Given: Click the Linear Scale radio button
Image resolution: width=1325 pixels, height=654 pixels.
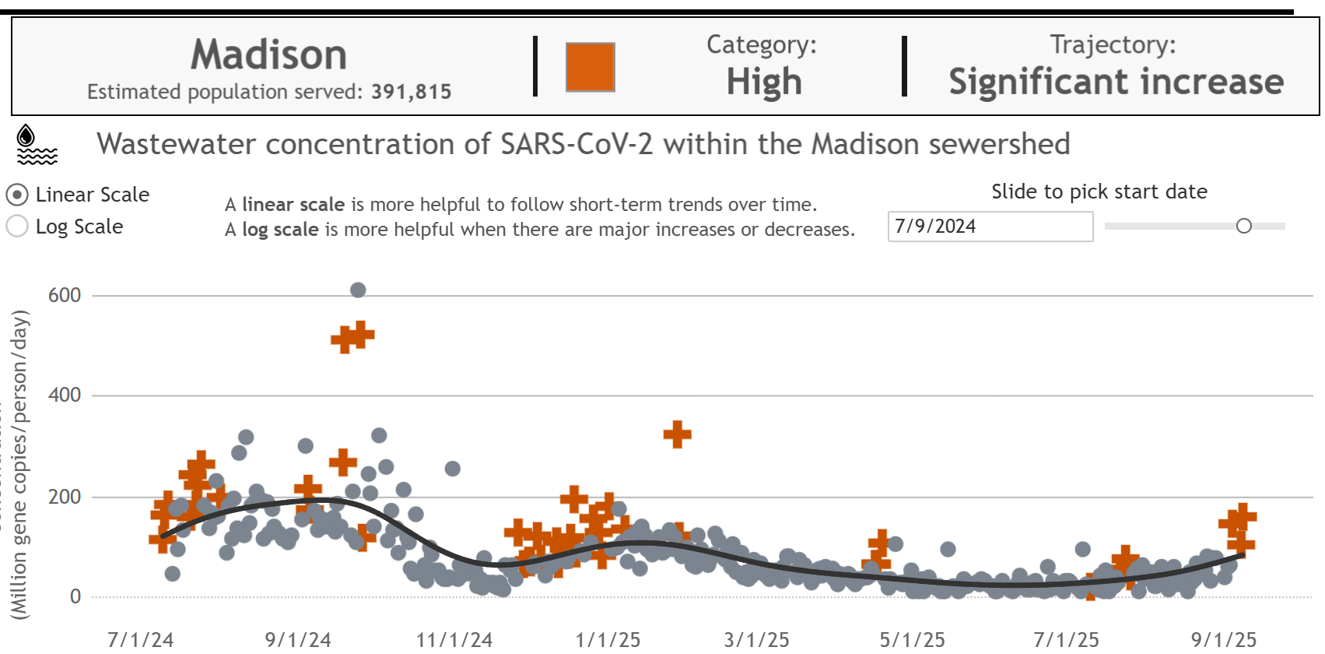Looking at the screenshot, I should [x=17, y=195].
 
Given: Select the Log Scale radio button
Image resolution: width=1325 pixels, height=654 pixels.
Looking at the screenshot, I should [x=17, y=227].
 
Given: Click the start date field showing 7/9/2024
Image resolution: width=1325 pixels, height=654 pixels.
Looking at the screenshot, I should [x=990, y=227].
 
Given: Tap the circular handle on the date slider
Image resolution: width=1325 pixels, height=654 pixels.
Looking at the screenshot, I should [x=1243, y=226].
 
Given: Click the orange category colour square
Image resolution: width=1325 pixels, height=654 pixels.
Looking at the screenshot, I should [x=590, y=68].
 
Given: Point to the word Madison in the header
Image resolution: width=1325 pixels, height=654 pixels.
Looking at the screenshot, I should [x=268, y=55].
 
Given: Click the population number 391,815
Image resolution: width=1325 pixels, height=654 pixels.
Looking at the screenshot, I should [x=411, y=92].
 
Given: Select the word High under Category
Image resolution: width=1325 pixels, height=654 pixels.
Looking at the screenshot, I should [x=763, y=82].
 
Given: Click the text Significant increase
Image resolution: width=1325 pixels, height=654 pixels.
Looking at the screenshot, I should [x=1116, y=82].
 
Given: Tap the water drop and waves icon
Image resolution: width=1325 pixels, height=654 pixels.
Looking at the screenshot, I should [x=36, y=145].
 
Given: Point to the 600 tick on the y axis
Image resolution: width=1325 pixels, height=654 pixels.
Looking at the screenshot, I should [x=65, y=295].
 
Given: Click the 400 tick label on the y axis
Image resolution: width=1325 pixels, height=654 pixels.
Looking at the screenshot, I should [x=65, y=395].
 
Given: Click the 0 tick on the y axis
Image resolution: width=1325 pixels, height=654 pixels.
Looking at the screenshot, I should [x=75, y=596].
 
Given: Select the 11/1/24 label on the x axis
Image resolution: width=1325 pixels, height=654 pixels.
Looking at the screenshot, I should [x=454, y=640].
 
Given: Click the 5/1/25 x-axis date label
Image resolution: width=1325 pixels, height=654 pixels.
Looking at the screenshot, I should [x=912, y=640].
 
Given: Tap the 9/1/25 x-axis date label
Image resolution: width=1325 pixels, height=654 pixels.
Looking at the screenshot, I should [x=1223, y=640].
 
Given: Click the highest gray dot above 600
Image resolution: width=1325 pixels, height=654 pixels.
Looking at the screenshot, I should [x=358, y=290].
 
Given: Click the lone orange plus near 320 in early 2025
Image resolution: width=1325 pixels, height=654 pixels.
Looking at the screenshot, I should [x=677, y=434].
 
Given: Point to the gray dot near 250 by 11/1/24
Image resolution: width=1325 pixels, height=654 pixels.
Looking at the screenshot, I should [x=452, y=469].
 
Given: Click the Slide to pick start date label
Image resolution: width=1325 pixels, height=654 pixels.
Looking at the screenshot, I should [x=1099, y=192].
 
